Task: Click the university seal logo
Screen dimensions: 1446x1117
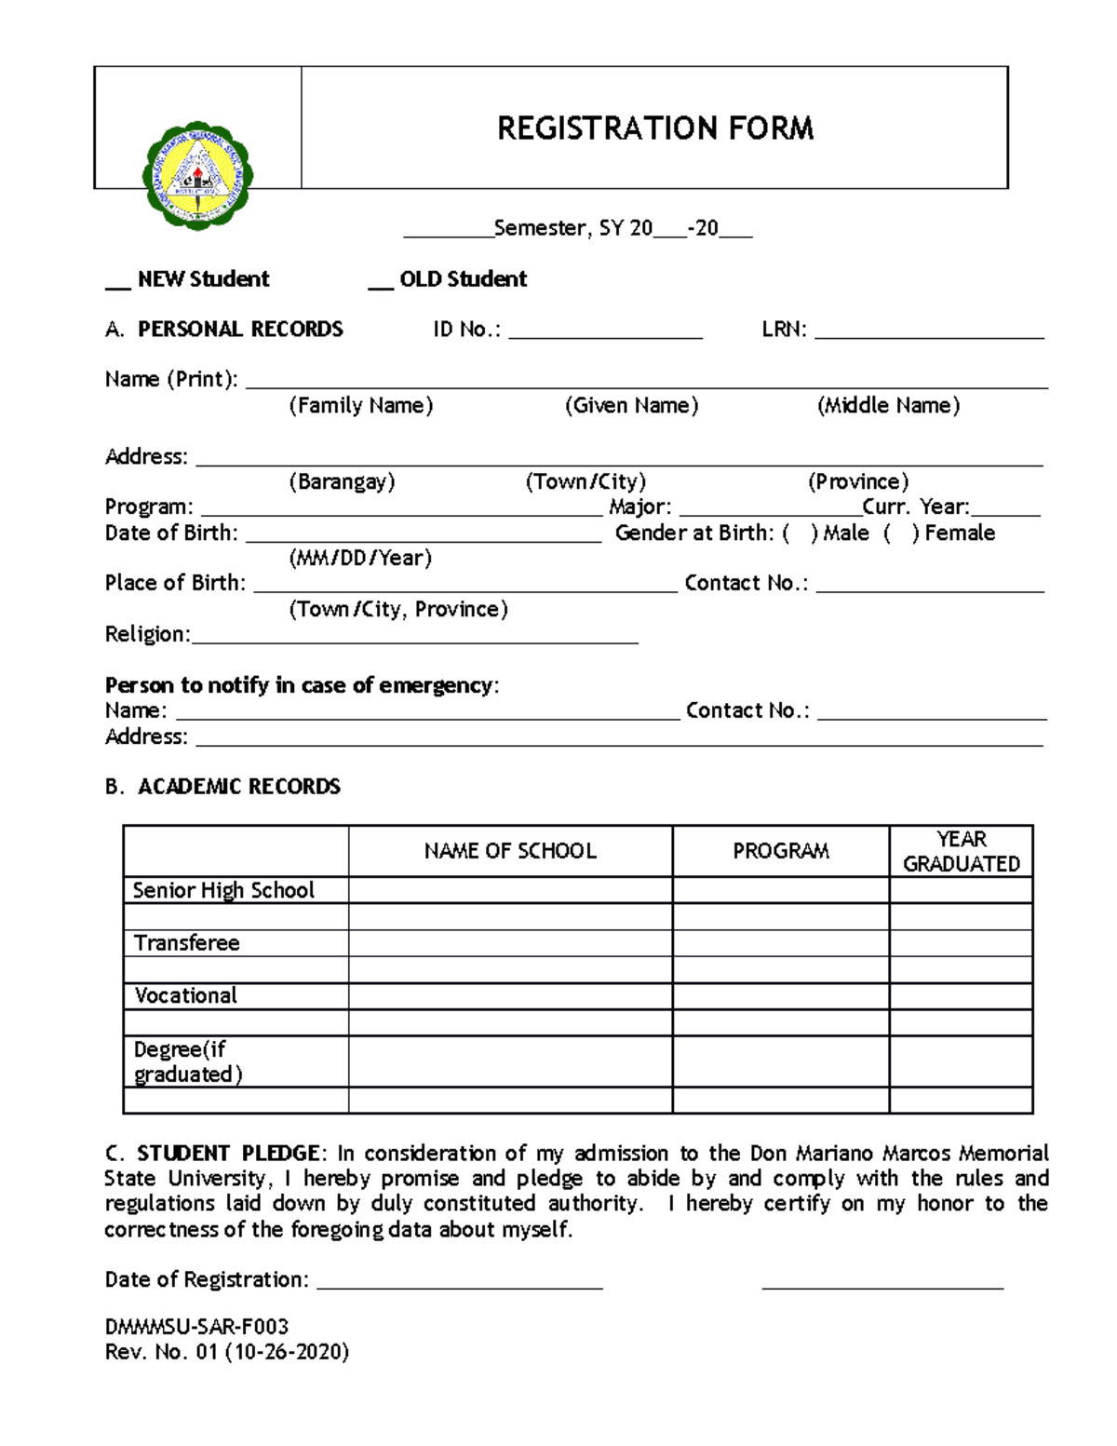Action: click(197, 176)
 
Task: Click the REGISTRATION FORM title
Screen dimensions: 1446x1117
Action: click(654, 128)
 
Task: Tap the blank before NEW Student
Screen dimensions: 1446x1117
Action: click(117, 282)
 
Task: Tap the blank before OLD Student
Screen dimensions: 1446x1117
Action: click(381, 282)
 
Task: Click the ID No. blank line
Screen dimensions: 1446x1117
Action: click(605, 333)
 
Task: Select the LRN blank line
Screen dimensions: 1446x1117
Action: click(929, 333)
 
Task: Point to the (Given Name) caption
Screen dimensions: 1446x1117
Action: click(631, 406)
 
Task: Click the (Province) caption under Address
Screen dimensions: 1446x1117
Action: click(857, 482)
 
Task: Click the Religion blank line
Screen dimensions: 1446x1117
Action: click(414, 638)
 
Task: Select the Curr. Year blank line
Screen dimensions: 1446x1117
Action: click(1005, 510)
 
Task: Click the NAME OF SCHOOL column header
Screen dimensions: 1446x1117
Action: click(510, 851)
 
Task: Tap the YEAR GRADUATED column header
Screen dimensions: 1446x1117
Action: click(961, 851)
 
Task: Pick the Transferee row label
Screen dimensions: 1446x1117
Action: click(187, 943)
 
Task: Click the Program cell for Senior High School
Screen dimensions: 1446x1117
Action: click(780, 890)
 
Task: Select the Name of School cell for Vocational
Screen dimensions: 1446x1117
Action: click(510, 996)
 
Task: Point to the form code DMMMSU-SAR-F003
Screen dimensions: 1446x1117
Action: click(196, 1327)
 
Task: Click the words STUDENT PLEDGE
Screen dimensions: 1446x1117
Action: click(228, 1154)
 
